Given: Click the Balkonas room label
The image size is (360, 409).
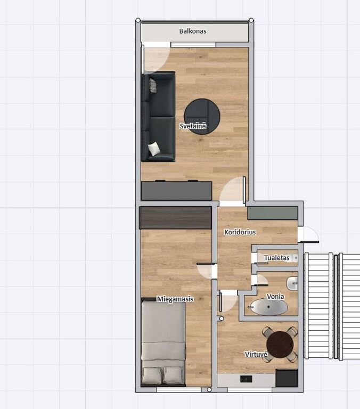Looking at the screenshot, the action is pyautogui.click(x=193, y=31).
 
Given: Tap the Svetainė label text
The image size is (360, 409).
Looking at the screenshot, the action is pyautogui.click(x=193, y=126).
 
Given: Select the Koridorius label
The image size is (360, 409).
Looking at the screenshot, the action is pyautogui.click(x=240, y=232).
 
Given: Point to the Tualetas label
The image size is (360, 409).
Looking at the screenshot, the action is pyautogui.click(x=276, y=258).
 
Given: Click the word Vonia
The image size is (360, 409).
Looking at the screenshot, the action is pyautogui.click(x=275, y=296).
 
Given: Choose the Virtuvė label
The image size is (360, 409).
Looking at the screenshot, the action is pyautogui.click(x=256, y=354).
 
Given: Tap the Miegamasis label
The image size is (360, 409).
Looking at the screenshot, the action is pyautogui.click(x=175, y=299).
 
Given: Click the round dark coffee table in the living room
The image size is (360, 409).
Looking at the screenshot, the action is pyautogui.click(x=202, y=116).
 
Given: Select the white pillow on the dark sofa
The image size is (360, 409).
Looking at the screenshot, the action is pyautogui.click(x=154, y=149).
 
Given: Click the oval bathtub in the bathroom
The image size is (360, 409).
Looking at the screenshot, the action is pyautogui.click(x=269, y=307).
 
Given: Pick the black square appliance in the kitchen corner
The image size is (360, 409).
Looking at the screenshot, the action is pyautogui.click(x=287, y=378).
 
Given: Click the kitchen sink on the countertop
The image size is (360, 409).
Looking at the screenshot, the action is pyautogui.click(x=246, y=379).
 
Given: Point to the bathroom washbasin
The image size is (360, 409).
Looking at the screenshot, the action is pyautogui.click(x=292, y=283).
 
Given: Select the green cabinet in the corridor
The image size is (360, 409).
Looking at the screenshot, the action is pyautogui.click(x=273, y=213).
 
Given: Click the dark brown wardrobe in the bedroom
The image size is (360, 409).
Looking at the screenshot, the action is pyautogui.click(x=175, y=218).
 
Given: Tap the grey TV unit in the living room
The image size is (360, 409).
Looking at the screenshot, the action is pyautogui.click(x=176, y=191).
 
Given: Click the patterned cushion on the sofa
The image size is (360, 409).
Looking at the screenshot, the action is pyautogui.click(x=153, y=85).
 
